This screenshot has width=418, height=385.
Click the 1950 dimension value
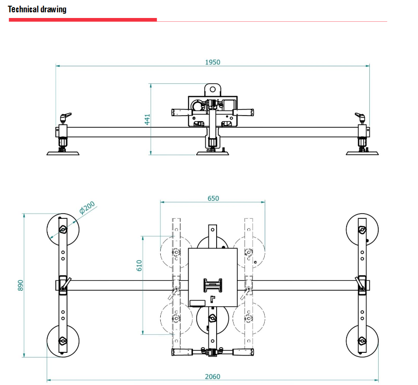point(212,62)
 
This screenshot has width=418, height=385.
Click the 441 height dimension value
point(147,119)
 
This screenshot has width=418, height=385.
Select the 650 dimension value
point(213,198)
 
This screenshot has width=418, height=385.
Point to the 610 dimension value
point(139,265)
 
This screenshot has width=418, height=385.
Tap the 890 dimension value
point(20,285)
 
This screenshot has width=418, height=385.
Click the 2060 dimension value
point(212,376)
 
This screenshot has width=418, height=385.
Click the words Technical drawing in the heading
point(37,9)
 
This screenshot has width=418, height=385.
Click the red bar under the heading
point(83,20)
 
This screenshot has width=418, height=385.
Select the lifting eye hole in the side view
point(212,89)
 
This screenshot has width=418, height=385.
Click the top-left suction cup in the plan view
point(63,230)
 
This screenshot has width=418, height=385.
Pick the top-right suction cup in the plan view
point(362,230)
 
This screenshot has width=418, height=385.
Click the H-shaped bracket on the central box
point(213,286)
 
